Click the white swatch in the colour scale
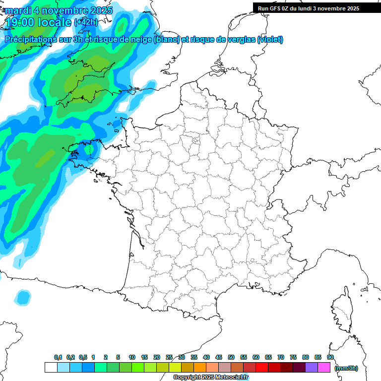tap(51, 368)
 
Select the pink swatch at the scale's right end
tap(324, 368)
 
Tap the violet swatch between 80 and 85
tap(312, 368)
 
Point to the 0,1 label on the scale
tap(58, 357)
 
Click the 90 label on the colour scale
tap(330, 357)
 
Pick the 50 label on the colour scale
tap(231, 357)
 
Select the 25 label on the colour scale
tap(169, 357)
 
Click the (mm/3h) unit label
tap(346, 368)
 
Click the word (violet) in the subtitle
tap(270, 40)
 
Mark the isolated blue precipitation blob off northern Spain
tap(22, 297)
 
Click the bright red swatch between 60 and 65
tap(262, 368)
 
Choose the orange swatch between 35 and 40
tap(200, 368)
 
